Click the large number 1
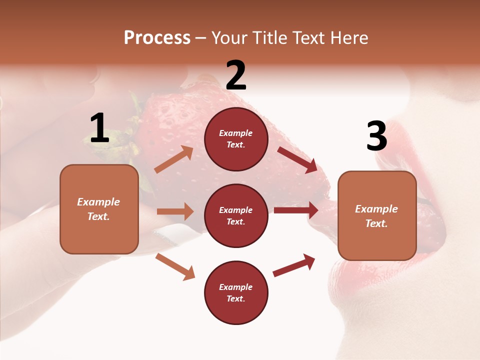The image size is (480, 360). pyautogui.click(x=99, y=128)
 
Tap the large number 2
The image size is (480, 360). pyautogui.click(x=236, y=75)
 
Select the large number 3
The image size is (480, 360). pyautogui.click(x=376, y=136)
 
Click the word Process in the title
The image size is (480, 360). pyautogui.click(x=157, y=37)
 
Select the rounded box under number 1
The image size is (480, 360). pyautogui.click(x=99, y=209)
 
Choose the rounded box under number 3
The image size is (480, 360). pyautogui.click(x=377, y=216)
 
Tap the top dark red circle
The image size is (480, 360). pyautogui.click(x=236, y=139)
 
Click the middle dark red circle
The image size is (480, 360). pyautogui.click(x=236, y=215)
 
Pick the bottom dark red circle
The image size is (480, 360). pyautogui.click(x=236, y=292)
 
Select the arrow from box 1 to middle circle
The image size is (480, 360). pyautogui.click(x=175, y=211)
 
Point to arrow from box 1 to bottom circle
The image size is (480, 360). pyautogui.click(x=175, y=266)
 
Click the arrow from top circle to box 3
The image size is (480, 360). pyautogui.click(x=297, y=160)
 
